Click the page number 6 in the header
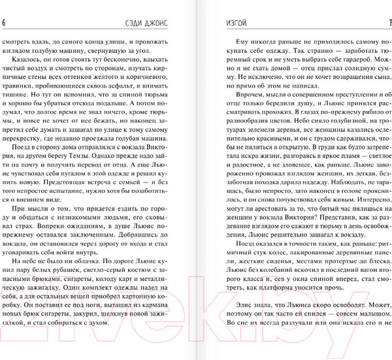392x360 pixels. pos(4,24)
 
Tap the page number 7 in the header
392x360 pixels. pos(389,24)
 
